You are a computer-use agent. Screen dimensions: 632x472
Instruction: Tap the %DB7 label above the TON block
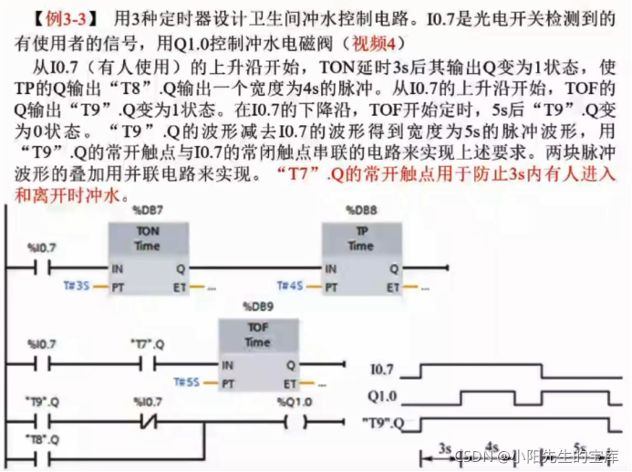coord(148,211)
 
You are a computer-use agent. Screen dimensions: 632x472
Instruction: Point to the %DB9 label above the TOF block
coord(256,307)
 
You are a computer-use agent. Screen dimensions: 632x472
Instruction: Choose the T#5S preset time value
coord(187,382)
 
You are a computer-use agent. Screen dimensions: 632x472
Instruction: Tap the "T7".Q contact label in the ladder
coord(146,344)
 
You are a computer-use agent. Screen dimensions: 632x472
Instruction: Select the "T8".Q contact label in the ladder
coord(42,440)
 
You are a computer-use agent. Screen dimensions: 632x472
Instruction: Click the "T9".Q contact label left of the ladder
coord(42,402)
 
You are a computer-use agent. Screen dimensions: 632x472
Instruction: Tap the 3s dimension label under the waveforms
coord(446,447)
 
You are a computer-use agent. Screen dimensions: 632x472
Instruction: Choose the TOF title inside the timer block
coord(256,328)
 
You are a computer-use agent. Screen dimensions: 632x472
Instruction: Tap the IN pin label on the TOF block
coord(226,365)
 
